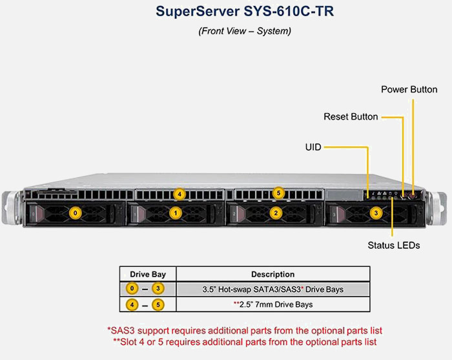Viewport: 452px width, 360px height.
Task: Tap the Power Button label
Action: (409, 89)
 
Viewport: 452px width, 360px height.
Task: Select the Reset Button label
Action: (351, 117)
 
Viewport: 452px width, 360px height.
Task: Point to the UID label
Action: (313, 147)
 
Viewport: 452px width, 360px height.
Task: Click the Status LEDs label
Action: (393, 245)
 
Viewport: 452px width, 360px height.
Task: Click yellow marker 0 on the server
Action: (76, 212)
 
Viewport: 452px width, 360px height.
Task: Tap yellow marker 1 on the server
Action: (176, 212)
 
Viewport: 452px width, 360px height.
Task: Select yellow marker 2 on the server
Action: (276, 212)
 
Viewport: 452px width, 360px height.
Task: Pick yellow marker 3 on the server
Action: (376, 212)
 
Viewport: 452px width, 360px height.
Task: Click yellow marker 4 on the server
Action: (180, 193)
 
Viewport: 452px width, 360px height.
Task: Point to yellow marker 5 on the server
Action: (278, 193)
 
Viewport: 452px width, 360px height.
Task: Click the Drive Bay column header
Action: (148, 274)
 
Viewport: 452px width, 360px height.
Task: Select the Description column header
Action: (272, 274)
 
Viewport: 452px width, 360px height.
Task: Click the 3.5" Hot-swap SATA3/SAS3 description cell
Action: (272, 289)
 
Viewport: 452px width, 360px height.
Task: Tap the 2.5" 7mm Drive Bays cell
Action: (272, 304)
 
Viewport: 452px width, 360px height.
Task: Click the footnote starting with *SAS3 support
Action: (245, 330)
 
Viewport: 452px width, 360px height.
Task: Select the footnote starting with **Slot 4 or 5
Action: (245, 341)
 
